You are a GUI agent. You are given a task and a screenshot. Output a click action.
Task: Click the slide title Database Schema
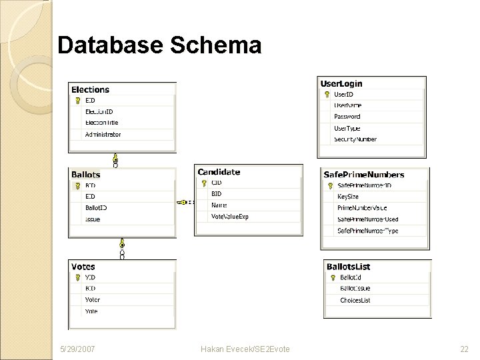pyautogui.click(x=159, y=45)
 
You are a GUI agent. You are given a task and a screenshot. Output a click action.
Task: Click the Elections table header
pyautogui.click(x=90, y=89)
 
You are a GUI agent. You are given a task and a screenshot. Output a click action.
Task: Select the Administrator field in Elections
pyautogui.click(x=103, y=134)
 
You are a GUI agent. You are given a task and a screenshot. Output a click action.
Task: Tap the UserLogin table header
pyautogui.click(x=341, y=83)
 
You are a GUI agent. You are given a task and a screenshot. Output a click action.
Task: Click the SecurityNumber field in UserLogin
pyautogui.click(x=355, y=139)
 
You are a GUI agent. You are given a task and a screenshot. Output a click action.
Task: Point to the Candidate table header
pyautogui.click(x=219, y=171)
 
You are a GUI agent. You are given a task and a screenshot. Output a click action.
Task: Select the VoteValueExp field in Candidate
pyautogui.click(x=229, y=216)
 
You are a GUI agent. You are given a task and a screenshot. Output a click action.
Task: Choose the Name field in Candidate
pyautogui.click(x=219, y=205)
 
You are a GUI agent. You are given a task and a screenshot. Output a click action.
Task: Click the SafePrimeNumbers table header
pyautogui.click(x=363, y=175)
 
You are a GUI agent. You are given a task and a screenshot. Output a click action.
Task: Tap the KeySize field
pyautogui.click(x=348, y=197)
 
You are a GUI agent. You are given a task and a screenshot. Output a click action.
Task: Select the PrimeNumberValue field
pyautogui.click(x=362, y=208)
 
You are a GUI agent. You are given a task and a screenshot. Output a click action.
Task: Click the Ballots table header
pyautogui.click(x=86, y=174)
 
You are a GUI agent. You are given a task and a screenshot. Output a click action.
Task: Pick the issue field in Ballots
pyautogui.click(x=92, y=219)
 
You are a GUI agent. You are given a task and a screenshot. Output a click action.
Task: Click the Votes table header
pyautogui.click(x=83, y=267)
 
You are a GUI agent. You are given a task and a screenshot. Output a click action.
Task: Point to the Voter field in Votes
pyautogui.click(x=92, y=299)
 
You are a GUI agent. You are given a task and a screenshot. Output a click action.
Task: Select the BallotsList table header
pyautogui.click(x=348, y=267)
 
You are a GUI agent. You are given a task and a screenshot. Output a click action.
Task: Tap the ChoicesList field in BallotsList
pyautogui.click(x=355, y=300)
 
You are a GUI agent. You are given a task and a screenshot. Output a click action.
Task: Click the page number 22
pyautogui.click(x=464, y=349)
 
